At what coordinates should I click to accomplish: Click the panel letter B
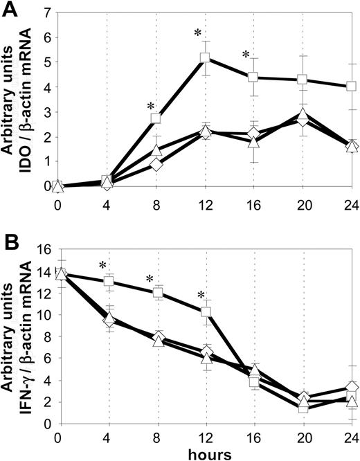pyautogui.click(x=10, y=244)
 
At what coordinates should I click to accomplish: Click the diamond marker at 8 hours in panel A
pyautogui.click(x=156, y=165)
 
